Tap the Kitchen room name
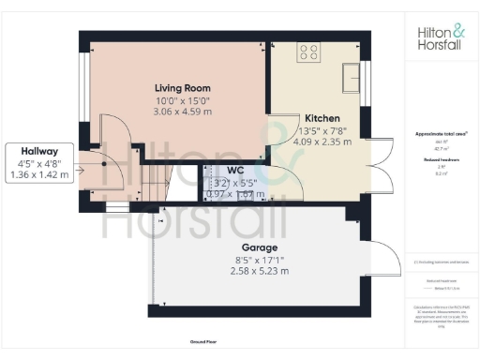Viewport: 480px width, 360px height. click(322, 119)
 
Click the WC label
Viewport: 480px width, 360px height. click(234, 170)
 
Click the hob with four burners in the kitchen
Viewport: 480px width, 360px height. click(309, 53)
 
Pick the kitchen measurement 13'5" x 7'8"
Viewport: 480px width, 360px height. click(322, 130)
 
